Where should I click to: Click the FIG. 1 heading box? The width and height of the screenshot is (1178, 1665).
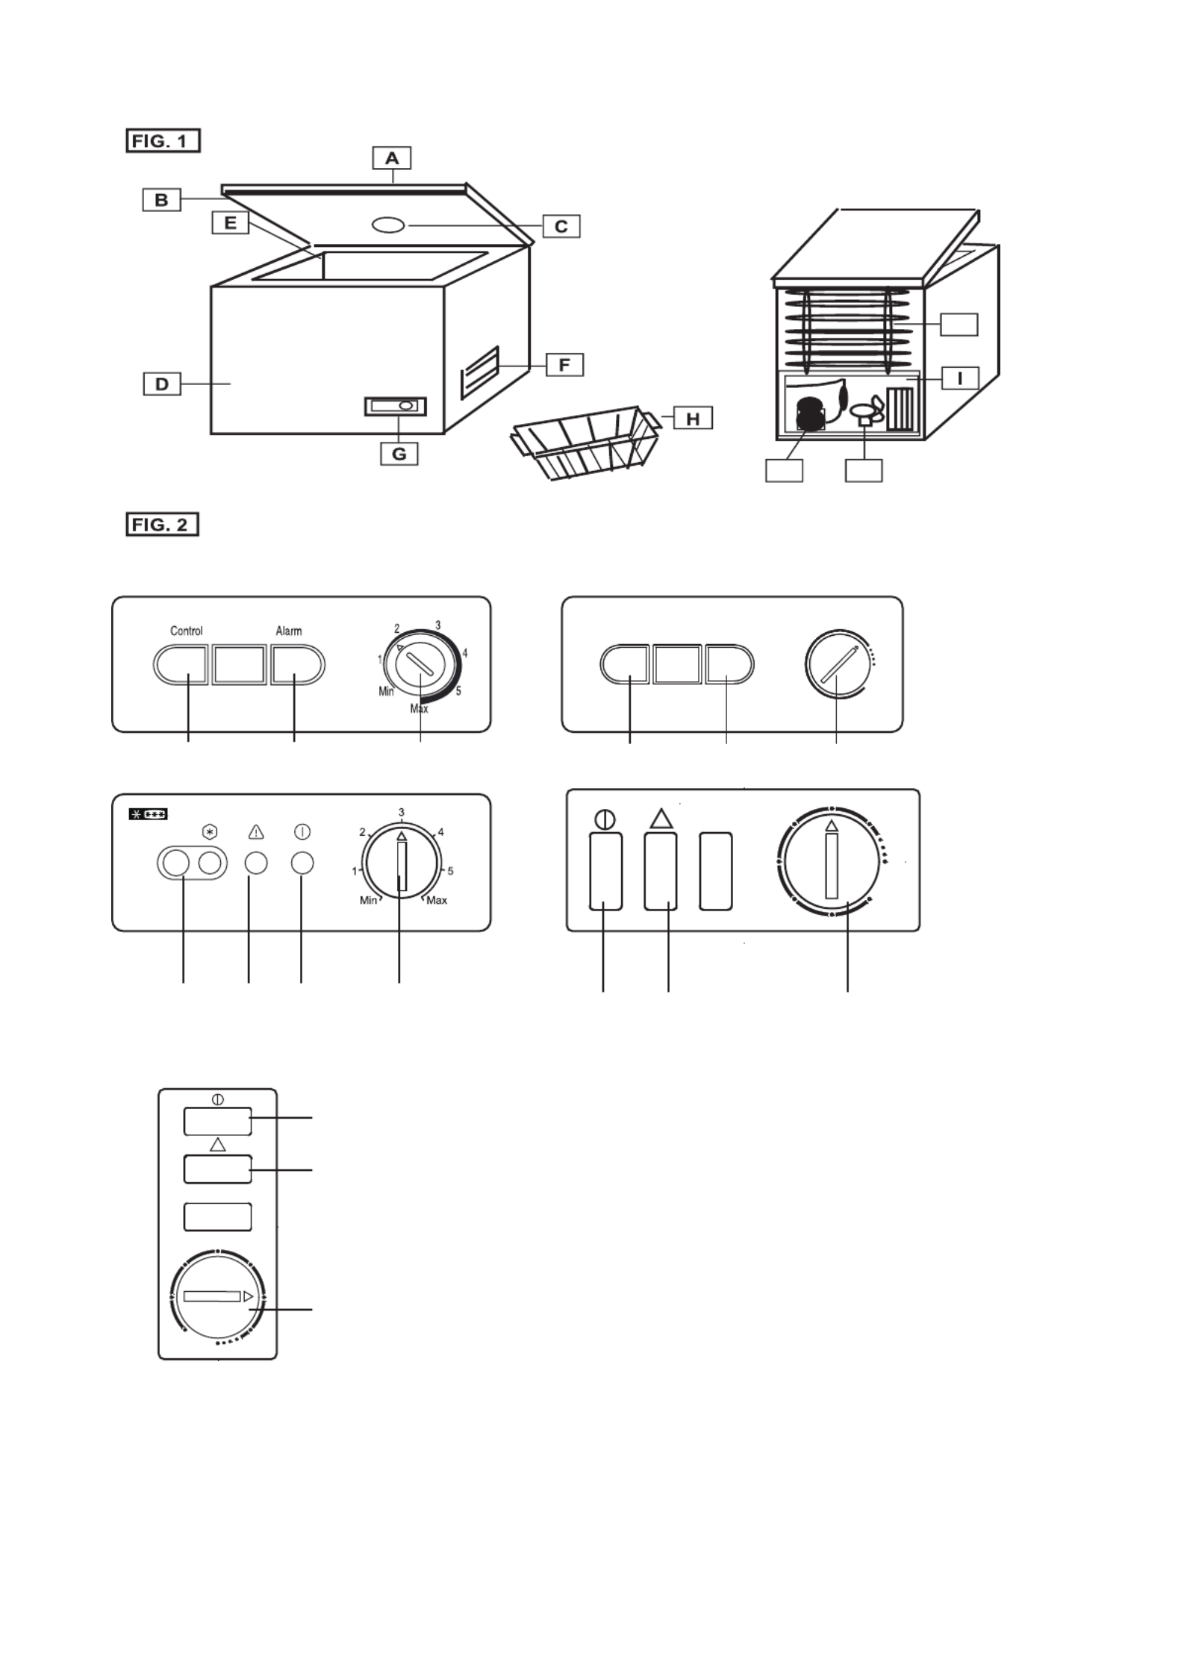(x=163, y=141)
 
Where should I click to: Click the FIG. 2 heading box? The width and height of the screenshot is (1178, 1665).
(x=162, y=525)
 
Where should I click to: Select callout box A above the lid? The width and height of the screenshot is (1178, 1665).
(x=392, y=158)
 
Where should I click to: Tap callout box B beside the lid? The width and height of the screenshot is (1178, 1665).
(x=162, y=200)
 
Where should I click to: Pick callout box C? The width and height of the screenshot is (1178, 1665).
(x=561, y=226)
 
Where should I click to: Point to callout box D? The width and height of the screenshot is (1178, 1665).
(x=162, y=384)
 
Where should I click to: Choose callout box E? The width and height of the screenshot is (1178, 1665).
(x=230, y=222)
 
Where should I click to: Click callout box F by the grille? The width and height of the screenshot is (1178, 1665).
(x=564, y=365)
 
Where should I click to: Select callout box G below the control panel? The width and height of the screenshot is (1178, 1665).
(x=399, y=454)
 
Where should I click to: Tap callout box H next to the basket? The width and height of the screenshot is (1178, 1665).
(x=693, y=418)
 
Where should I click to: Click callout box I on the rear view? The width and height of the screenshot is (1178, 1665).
(x=959, y=378)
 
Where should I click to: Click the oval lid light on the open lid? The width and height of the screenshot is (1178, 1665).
(x=387, y=225)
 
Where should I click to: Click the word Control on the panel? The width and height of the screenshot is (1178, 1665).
(x=187, y=631)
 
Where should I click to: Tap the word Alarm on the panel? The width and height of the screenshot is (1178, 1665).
(x=289, y=631)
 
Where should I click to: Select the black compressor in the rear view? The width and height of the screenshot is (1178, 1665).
(x=810, y=413)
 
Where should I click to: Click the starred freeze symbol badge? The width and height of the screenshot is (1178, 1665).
(x=149, y=814)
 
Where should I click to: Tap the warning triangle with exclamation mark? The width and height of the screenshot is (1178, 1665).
(x=256, y=831)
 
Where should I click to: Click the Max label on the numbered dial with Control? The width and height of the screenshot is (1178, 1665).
(x=419, y=709)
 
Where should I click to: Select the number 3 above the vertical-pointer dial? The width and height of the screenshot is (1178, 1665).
(x=402, y=812)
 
